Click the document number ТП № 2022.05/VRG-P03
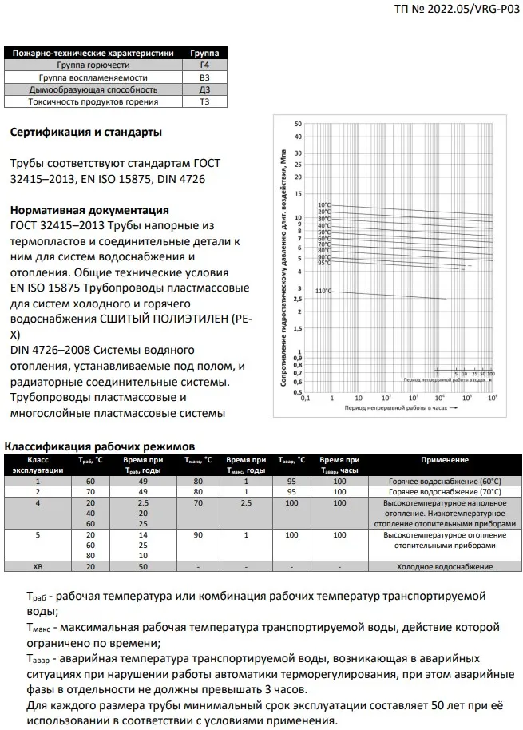point(456,10)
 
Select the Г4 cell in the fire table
point(205,65)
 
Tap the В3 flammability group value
point(205,77)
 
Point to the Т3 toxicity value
point(205,102)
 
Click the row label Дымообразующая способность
point(93,90)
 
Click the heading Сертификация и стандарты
point(86,132)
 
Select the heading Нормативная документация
point(89,210)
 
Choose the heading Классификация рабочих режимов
point(99,446)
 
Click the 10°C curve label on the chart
point(324,205)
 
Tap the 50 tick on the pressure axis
point(298,125)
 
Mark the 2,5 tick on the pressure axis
point(298,299)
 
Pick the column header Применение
point(445,460)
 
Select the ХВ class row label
point(38,566)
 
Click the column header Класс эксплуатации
point(38,465)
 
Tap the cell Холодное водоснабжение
point(445,566)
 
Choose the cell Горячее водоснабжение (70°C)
point(445,493)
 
